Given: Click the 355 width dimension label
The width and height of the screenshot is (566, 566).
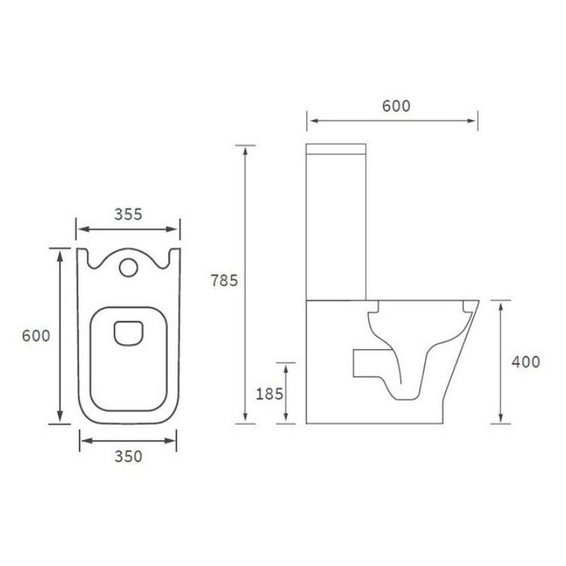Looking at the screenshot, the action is [128, 214].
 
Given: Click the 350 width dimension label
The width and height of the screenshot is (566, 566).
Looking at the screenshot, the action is [128, 457].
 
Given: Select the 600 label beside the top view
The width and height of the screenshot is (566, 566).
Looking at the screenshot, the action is [36, 336].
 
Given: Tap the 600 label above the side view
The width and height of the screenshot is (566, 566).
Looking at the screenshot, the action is [396, 106].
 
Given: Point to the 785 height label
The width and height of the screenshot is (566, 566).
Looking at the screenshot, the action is [224, 281].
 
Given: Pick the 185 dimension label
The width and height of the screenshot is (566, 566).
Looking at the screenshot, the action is [269, 394].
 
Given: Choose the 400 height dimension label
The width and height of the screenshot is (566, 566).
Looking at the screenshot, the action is [525, 361].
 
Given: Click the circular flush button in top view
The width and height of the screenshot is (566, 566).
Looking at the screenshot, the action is [128, 267].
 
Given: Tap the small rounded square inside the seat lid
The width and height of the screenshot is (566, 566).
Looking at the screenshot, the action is [128, 333].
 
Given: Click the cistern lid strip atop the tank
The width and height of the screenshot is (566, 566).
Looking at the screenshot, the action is [336, 149].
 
